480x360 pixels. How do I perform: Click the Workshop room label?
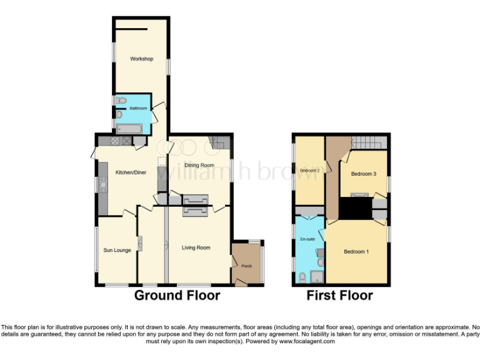(x=141, y=59)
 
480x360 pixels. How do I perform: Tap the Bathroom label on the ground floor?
(x=138, y=108)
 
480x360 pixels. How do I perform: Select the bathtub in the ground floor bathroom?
(x=130, y=129)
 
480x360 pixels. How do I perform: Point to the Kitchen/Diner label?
(x=131, y=172)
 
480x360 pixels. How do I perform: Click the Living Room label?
(x=196, y=248)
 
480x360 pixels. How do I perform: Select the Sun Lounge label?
(x=117, y=251)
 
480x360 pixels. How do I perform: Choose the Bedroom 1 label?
(x=356, y=252)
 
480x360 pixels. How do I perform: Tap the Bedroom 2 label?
(x=309, y=171)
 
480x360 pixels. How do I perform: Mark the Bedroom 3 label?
(x=363, y=174)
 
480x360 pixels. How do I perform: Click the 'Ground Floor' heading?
(x=177, y=296)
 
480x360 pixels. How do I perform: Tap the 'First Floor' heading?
(x=339, y=296)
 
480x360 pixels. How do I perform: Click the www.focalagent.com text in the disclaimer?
(x=307, y=341)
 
